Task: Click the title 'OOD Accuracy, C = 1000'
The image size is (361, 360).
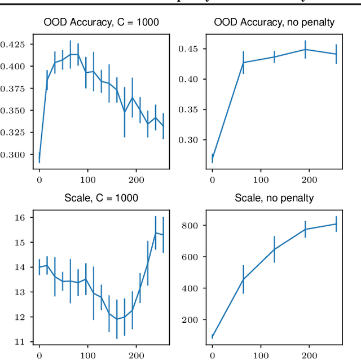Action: pos(101,23)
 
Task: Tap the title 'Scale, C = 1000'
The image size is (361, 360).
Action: pos(101,199)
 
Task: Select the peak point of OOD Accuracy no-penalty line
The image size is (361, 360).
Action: pos(305,49)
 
